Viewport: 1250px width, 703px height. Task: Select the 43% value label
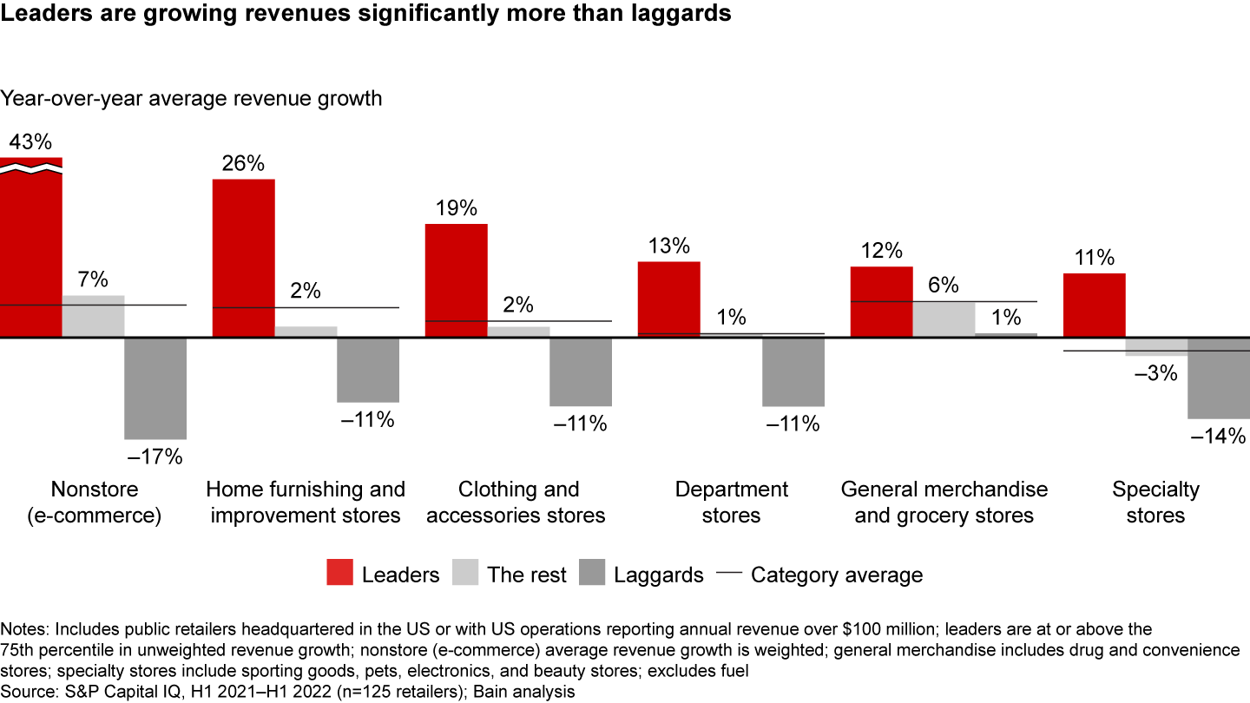click(31, 141)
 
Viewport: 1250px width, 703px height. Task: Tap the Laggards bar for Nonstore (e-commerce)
click(155, 388)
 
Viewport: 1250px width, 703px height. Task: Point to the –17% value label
click(155, 456)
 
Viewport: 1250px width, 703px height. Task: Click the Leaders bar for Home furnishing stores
click(244, 258)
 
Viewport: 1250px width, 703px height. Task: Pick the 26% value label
click(244, 163)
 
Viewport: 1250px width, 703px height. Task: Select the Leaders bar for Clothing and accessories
click(456, 280)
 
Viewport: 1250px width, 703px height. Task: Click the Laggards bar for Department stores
click(793, 371)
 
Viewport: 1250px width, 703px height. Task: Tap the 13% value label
click(668, 245)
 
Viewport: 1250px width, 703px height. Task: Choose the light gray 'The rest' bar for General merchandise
click(944, 319)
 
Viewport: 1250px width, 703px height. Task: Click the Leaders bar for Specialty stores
click(1094, 305)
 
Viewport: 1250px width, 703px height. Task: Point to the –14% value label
click(1218, 437)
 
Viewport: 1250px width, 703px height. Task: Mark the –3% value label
click(1155, 373)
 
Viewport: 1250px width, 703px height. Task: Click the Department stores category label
click(731, 502)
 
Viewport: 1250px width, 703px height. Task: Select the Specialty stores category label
click(1155, 502)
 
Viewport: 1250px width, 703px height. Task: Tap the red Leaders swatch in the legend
click(340, 574)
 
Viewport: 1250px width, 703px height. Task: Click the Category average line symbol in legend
click(729, 574)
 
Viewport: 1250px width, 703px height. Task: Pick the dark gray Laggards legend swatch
click(592, 574)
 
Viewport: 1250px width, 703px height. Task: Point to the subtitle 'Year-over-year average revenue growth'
click(191, 98)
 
